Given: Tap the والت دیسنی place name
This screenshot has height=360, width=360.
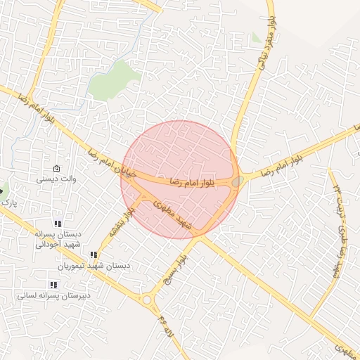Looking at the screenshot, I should click(56, 179).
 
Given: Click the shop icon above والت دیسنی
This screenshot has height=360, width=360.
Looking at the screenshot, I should click(56, 169).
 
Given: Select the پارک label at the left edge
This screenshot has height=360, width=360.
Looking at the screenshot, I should click(8, 202).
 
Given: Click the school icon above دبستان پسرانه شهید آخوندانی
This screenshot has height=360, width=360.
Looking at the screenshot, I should click(58, 224).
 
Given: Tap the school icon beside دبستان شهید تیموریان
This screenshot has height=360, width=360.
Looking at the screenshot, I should click(93, 255).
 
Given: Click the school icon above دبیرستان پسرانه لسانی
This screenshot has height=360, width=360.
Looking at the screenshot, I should click(53, 285).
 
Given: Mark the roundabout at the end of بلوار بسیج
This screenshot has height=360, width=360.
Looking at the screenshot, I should click(147, 300).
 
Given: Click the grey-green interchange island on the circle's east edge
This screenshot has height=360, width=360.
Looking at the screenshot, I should click(238, 181).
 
